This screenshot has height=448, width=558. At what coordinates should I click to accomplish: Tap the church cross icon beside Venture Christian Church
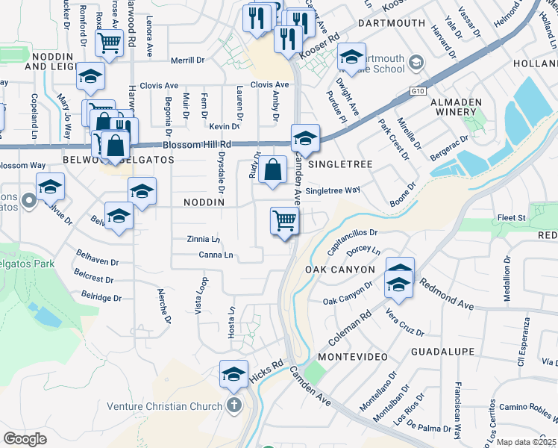click(233, 406)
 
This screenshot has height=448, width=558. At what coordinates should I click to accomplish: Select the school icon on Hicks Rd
click(233, 373)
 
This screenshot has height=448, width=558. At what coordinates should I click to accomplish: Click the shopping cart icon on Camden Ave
click(284, 221)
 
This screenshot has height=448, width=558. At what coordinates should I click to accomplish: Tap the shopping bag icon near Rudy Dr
click(274, 169)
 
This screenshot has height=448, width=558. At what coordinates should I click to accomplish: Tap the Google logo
click(25, 439)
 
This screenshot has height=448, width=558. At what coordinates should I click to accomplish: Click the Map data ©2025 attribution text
click(526, 442)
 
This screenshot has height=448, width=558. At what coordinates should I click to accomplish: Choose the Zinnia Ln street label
click(204, 239)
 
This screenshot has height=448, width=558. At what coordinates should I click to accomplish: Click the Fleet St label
click(511, 218)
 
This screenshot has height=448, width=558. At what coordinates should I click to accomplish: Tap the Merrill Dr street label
click(186, 60)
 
